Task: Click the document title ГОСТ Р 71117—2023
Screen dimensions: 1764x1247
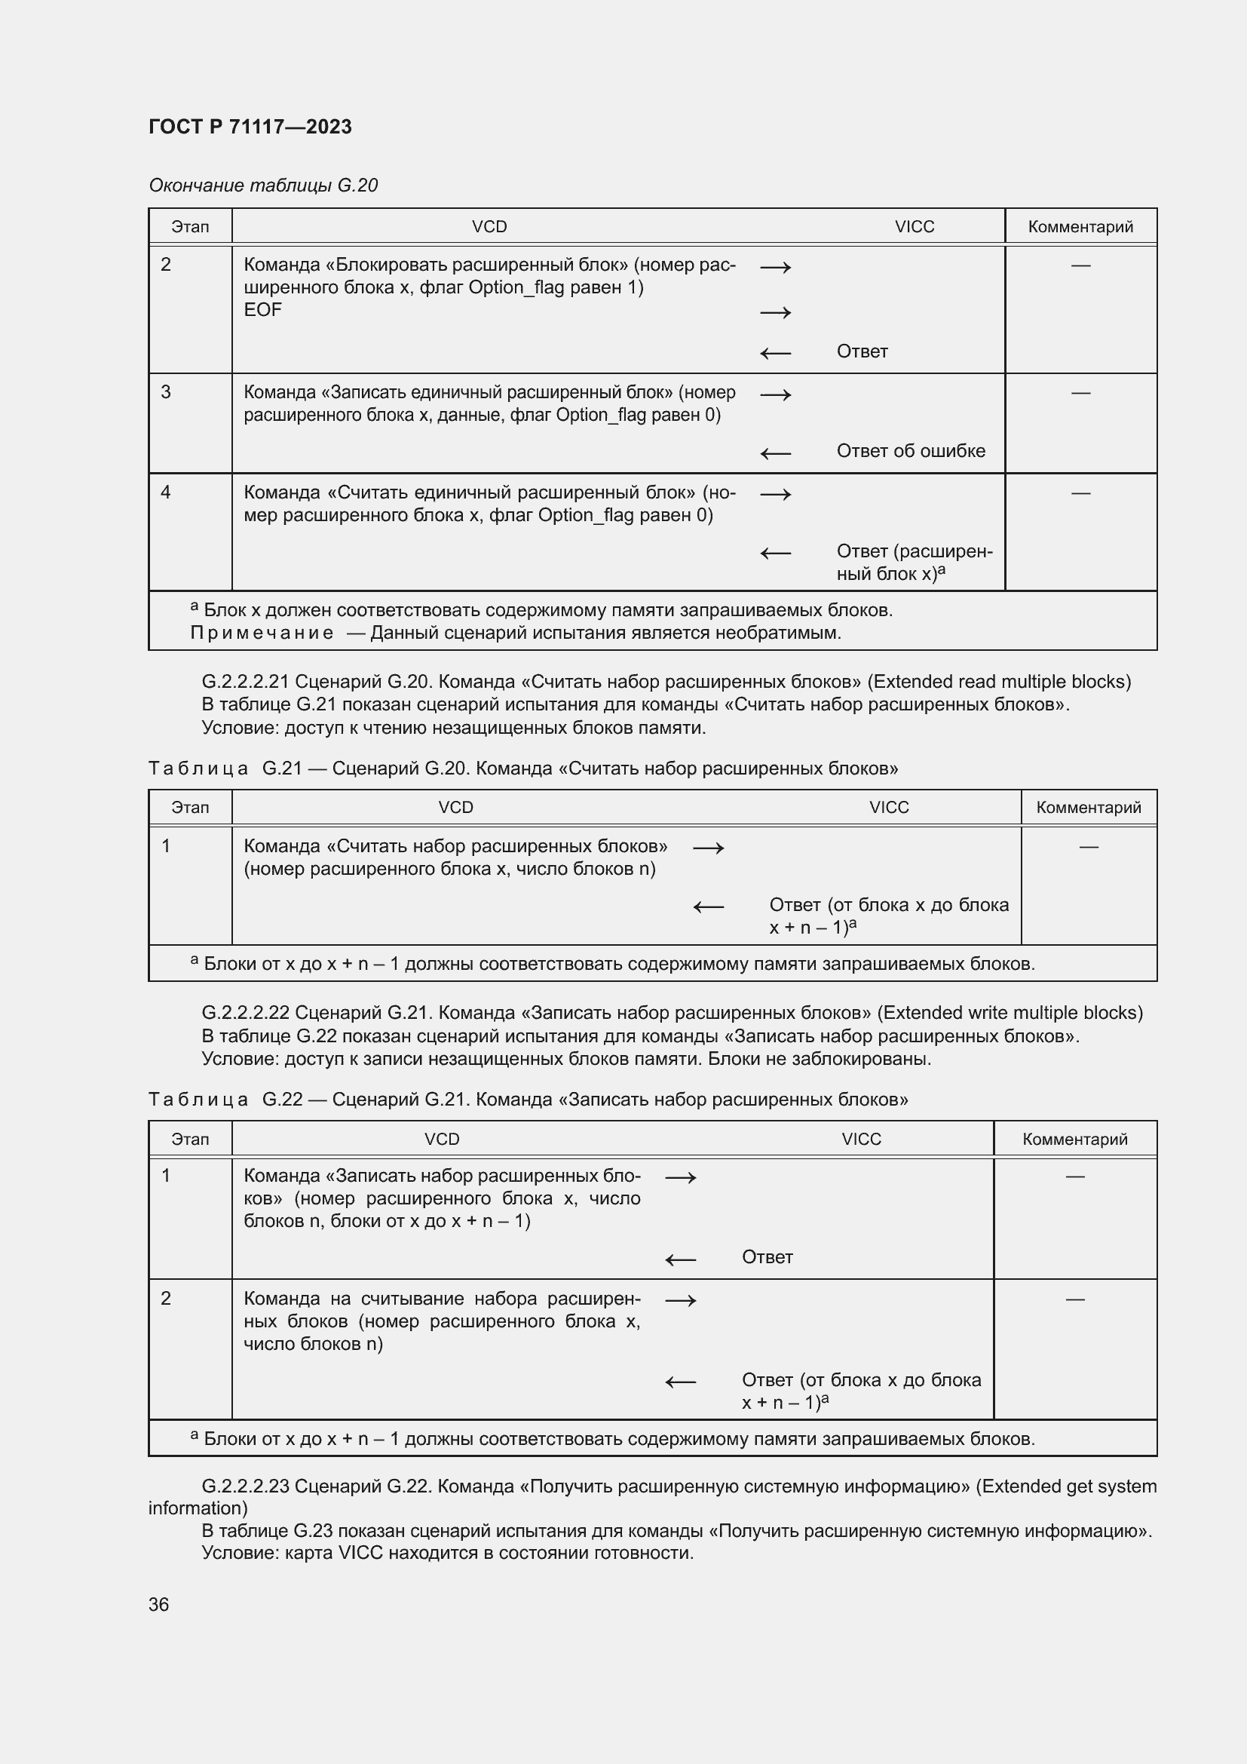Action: pos(250,127)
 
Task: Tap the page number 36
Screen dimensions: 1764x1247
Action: pos(158,1604)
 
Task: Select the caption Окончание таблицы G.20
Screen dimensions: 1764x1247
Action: pos(262,186)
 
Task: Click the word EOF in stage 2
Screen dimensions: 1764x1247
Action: pos(262,310)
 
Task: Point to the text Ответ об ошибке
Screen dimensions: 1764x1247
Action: pos(911,451)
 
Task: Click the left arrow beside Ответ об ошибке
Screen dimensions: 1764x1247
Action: pos(776,453)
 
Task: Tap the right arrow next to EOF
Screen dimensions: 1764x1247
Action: pos(776,312)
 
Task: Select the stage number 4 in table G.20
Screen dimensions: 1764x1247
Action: pos(166,492)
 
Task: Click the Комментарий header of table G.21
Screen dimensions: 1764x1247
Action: pos(1088,808)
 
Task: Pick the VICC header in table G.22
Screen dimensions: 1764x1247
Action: pos(861,1140)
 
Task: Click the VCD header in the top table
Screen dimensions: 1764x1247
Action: pos(489,227)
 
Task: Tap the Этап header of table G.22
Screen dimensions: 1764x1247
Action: pos(190,1140)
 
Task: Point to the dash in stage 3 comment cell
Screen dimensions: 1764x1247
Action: pos(1080,393)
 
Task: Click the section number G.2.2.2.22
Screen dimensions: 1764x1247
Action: pos(246,1013)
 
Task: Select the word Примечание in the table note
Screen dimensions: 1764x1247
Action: pos(261,633)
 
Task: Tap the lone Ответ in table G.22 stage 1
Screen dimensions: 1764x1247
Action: pos(767,1257)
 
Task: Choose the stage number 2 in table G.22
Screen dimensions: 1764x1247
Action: pos(166,1299)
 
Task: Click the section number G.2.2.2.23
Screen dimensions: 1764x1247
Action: pos(246,1486)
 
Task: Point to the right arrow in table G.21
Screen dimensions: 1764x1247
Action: pos(708,848)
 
